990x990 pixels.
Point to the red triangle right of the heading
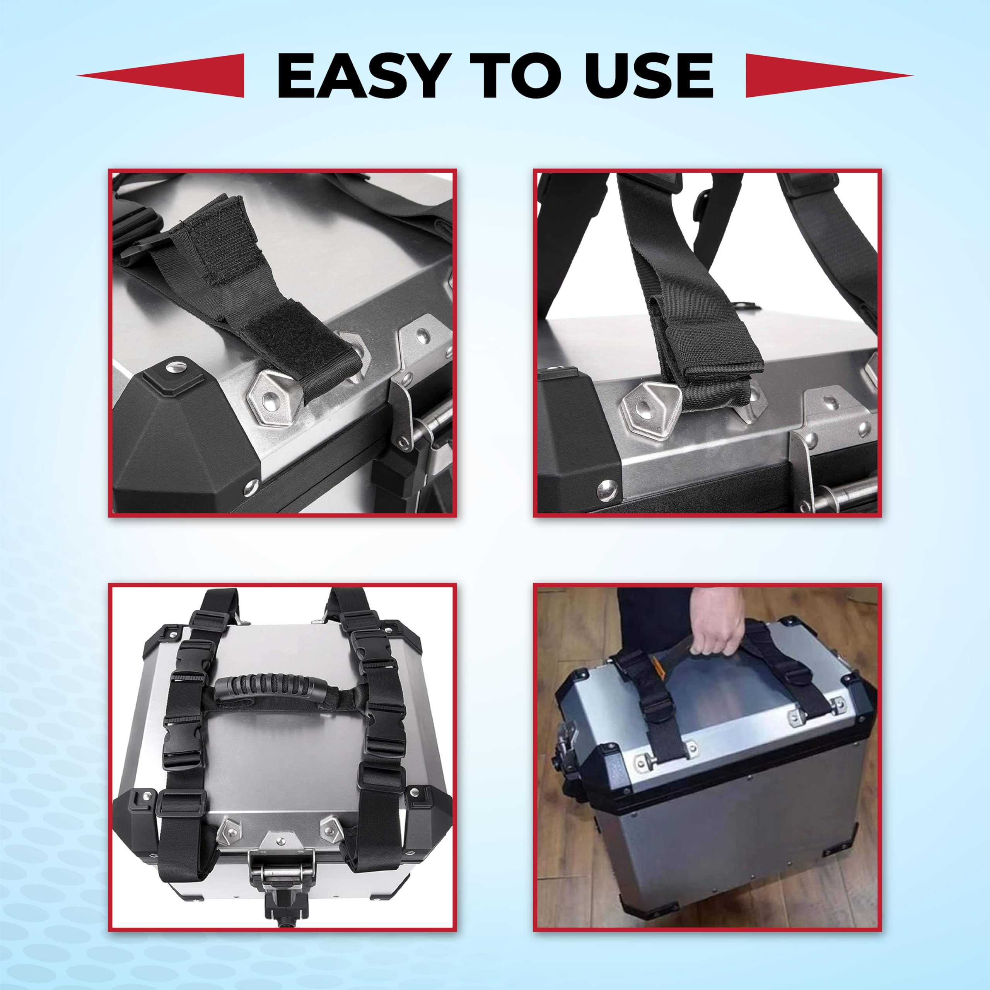pyautogui.click(x=829, y=75)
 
